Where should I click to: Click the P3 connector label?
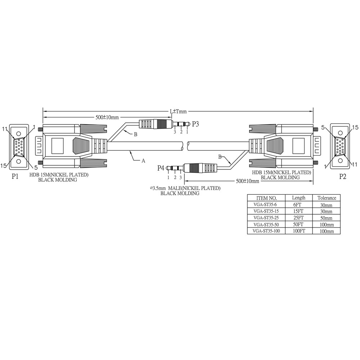click(195, 124)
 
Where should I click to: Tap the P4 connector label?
click(161, 168)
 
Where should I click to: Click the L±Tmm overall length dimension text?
click(178, 111)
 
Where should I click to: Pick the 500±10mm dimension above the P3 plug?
click(107, 117)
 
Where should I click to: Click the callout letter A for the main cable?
click(143, 161)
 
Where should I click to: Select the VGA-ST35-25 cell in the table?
click(266, 218)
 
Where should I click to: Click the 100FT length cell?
click(299, 231)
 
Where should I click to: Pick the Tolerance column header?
click(327, 198)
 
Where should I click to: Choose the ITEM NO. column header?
click(266, 198)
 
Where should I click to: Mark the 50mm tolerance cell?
click(326, 218)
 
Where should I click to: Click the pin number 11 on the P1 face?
click(4, 129)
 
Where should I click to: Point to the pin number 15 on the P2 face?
click(355, 127)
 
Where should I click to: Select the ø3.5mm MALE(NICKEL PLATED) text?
click(185, 188)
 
